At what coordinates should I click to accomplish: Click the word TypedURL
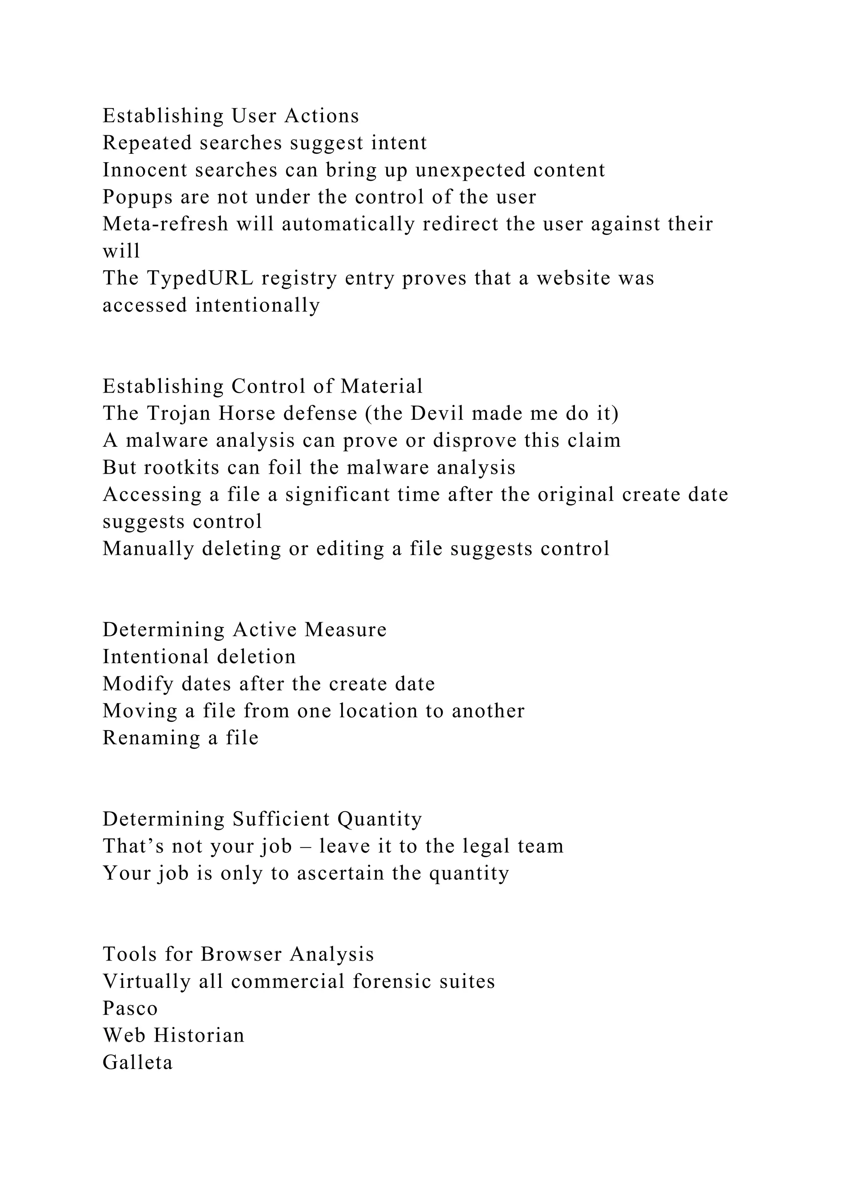(x=200, y=278)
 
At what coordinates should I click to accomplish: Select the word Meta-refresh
(x=165, y=224)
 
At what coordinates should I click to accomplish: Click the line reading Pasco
(x=130, y=1008)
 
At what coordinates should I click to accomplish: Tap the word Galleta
(x=138, y=1062)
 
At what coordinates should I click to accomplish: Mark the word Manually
(x=148, y=549)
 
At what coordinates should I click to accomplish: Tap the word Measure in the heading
(x=346, y=629)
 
